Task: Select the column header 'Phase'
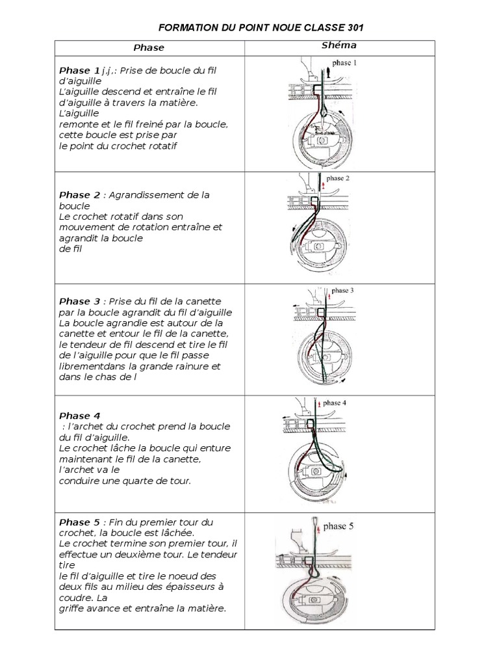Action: tap(149, 47)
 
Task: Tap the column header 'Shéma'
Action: tap(339, 46)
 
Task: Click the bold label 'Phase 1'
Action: tap(79, 70)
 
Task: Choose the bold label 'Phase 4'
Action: tap(79, 416)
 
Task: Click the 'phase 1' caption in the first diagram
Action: tap(344, 64)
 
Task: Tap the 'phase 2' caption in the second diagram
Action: tap(338, 178)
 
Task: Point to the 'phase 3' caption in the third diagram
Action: tap(342, 291)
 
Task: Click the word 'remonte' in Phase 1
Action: tap(77, 124)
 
